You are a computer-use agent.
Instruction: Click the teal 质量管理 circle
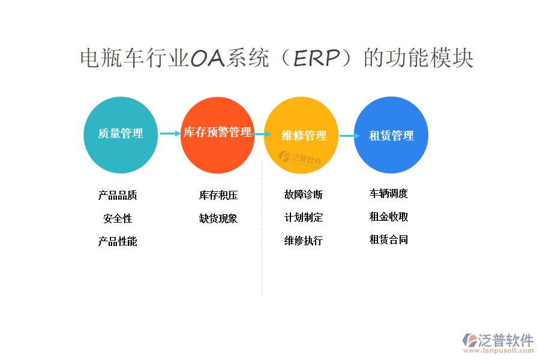pyautogui.click(x=121, y=134)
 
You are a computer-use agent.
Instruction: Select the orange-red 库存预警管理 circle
pyautogui.click(x=218, y=135)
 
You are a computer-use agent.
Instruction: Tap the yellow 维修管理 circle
pyautogui.click(x=301, y=135)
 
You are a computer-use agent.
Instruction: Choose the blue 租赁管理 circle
pyautogui.click(x=391, y=134)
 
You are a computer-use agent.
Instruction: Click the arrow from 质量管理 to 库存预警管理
pyautogui.click(x=170, y=133)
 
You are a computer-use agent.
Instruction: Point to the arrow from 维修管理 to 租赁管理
pyautogui.click(x=350, y=136)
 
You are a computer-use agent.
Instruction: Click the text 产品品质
pyautogui.click(x=118, y=196)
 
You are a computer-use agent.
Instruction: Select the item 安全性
pyautogui.click(x=118, y=218)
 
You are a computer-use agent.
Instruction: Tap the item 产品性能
pyautogui.click(x=118, y=241)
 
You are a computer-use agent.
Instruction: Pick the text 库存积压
pyautogui.click(x=218, y=196)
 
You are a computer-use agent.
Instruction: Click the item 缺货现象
pyautogui.click(x=218, y=218)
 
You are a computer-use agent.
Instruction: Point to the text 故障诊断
pyautogui.click(x=304, y=194)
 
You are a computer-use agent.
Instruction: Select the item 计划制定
pyautogui.click(x=304, y=217)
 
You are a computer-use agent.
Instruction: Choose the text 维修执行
pyautogui.click(x=304, y=241)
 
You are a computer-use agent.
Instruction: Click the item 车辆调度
pyautogui.click(x=388, y=194)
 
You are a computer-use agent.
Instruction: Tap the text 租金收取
pyautogui.click(x=388, y=217)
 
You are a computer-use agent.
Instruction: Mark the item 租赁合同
pyautogui.click(x=388, y=239)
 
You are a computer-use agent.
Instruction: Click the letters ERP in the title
pyautogui.click(x=316, y=58)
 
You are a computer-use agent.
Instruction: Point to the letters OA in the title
pyautogui.click(x=208, y=58)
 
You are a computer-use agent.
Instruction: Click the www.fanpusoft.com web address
pyautogui.click(x=499, y=350)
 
